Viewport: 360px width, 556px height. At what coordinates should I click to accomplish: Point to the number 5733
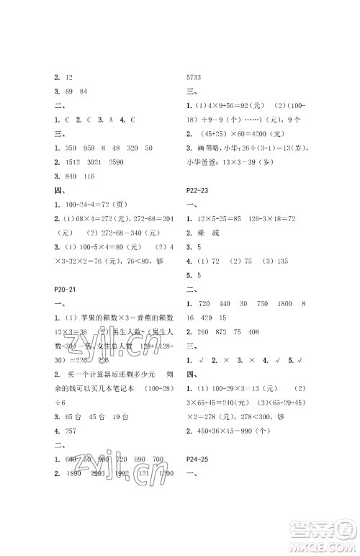coord(196,77)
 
